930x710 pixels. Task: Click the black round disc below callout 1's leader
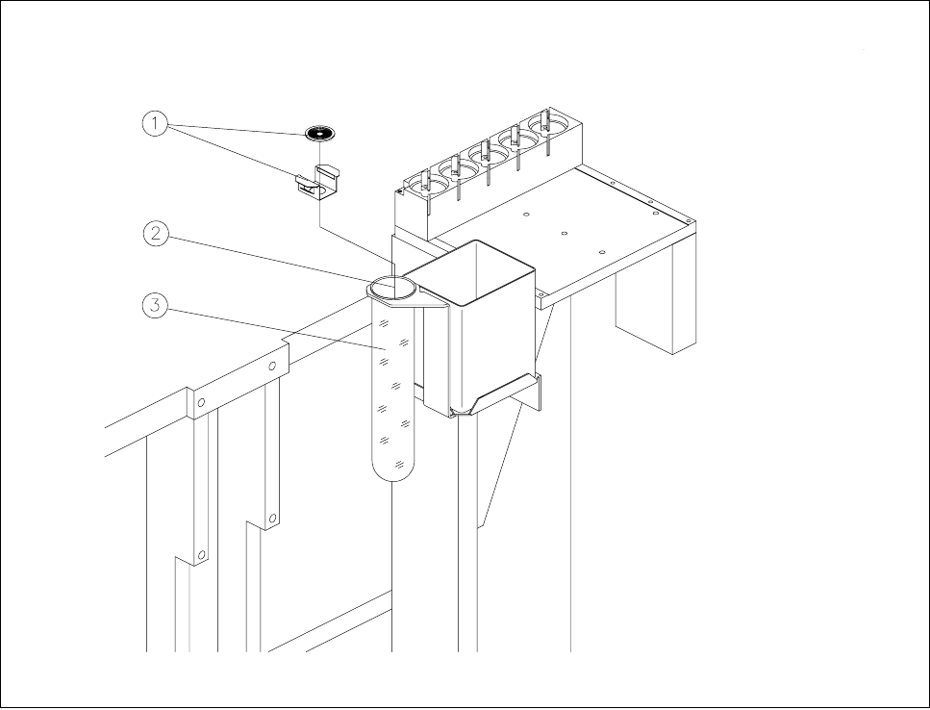[318, 133]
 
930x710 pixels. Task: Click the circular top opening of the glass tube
[392, 287]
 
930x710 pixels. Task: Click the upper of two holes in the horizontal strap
[273, 367]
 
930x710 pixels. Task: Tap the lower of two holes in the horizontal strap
[200, 404]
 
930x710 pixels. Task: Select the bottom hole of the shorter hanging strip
[273, 519]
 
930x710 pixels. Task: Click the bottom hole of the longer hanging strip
[202, 555]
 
